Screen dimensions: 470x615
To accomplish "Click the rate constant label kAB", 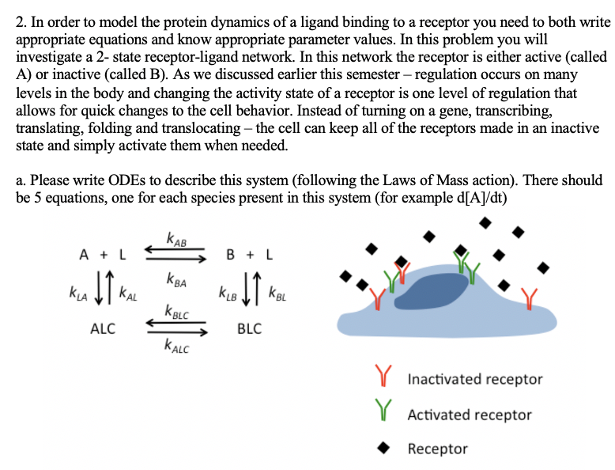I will [x=176, y=238].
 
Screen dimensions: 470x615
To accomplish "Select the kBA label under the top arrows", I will [x=176, y=279].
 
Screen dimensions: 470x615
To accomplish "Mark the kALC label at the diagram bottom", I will [x=177, y=344].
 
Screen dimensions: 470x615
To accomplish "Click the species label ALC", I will [x=103, y=329].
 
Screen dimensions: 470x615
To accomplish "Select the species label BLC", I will [x=249, y=329].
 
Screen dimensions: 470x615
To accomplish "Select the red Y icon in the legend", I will [x=385, y=378].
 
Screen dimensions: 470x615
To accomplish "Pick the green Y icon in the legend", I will [x=385, y=414].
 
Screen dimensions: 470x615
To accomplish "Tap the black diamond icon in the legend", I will [x=385, y=449].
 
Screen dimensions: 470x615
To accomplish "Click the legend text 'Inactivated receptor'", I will [x=474, y=379].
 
